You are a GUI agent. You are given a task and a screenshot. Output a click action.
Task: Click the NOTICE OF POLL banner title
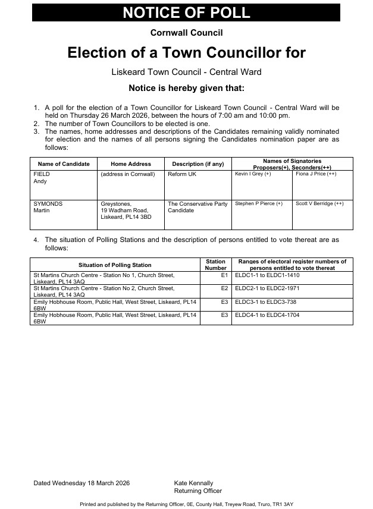click(186, 13)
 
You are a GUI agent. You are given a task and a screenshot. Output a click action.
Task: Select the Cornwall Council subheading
click(186, 33)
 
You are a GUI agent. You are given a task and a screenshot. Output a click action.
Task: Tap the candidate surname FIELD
click(41, 174)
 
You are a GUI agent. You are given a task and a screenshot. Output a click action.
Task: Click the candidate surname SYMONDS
click(48, 204)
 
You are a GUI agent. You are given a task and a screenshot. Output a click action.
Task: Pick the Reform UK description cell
click(183, 174)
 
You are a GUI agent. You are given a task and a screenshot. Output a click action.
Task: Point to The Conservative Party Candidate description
click(198, 207)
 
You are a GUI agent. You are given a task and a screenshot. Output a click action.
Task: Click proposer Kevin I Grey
click(253, 174)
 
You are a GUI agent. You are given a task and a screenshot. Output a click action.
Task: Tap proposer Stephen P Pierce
click(259, 203)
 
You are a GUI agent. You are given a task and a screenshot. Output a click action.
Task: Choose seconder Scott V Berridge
click(319, 203)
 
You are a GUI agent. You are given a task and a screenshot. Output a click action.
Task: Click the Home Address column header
click(131, 164)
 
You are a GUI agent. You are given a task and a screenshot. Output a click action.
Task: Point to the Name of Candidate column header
click(64, 164)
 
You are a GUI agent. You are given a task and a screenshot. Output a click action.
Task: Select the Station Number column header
click(215, 265)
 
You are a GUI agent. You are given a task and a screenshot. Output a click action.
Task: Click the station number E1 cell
click(224, 276)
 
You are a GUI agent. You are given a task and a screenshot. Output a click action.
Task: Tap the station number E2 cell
click(224, 288)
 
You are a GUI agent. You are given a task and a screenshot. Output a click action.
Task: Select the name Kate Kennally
click(193, 483)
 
